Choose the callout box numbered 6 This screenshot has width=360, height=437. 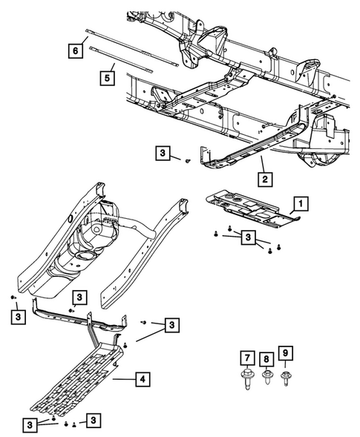(x=75, y=50)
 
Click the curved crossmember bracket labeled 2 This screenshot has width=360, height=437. (x=238, y=152)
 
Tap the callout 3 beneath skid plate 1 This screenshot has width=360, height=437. (x=248, y=237)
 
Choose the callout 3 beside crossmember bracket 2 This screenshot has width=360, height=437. (x=163, y=154)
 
